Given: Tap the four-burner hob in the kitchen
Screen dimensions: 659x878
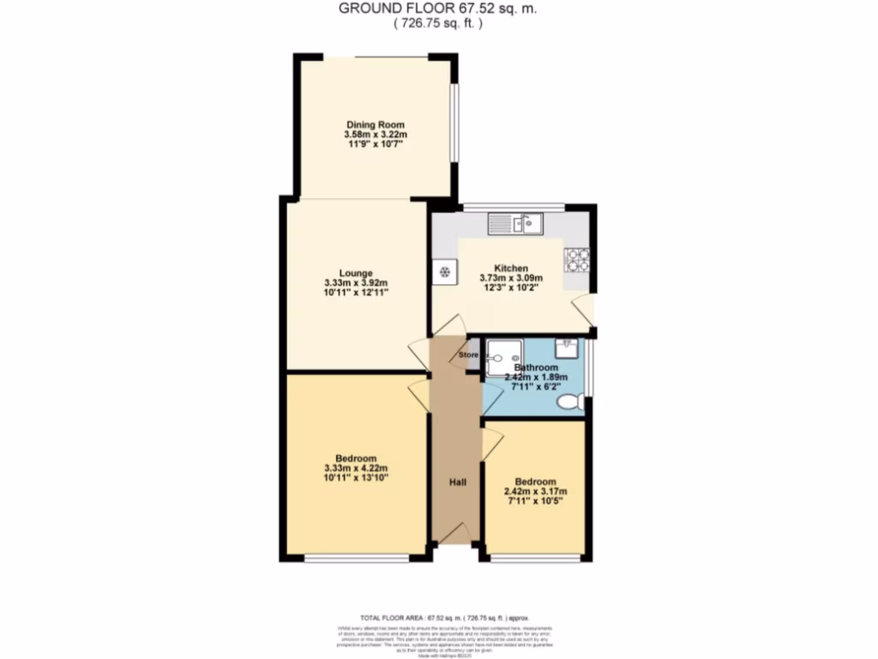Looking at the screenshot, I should (x=576, y=259).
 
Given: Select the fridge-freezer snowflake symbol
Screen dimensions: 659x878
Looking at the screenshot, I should (x=445, y=272).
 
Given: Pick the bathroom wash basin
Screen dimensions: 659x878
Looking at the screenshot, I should (x=567, y=348).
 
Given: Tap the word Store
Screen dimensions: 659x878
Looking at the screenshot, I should (x=468, y=354).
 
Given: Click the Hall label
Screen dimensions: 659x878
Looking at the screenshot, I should (x=458, y=483).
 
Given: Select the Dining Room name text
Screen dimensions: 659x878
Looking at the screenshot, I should (x=370, y=124).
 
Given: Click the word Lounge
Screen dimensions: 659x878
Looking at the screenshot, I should (x=357, y=273).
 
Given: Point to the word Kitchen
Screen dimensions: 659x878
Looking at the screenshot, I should (x=510, y=268).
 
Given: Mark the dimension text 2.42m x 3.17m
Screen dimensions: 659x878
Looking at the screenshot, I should (x=536, y=492).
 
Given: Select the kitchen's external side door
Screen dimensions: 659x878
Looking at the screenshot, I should (x=585, y=310).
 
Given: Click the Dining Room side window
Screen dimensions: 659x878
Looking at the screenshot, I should (x=454, y=122).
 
